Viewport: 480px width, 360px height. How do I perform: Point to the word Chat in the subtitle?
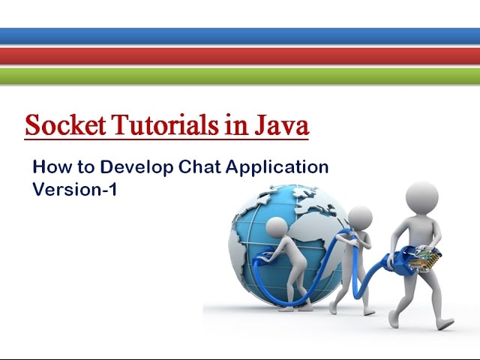tap(197, 166)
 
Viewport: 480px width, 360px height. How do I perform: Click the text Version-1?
tap(75, 190)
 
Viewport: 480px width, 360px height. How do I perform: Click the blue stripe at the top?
tap(240, 36)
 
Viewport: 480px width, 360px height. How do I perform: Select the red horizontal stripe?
tap(240, 55)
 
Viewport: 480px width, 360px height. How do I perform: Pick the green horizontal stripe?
tap(240, 75)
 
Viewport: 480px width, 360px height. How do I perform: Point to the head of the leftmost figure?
tap(277, 228)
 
